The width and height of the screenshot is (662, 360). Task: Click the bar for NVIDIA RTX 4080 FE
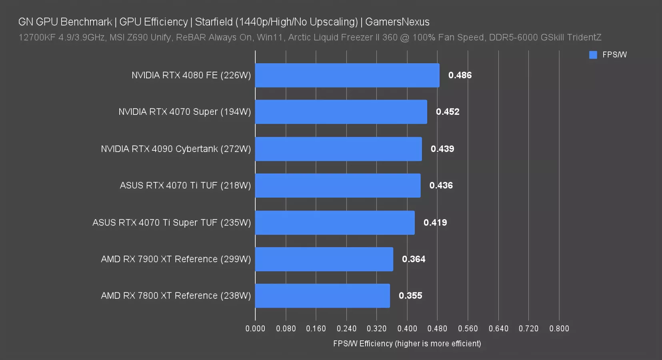[x=347, y=75]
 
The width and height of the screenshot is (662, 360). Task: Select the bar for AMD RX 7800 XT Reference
[x=322, y=296]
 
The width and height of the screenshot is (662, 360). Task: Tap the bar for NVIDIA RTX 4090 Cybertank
[x=338, y=149]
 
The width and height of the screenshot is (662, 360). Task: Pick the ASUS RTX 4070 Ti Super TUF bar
[x=335, y=222]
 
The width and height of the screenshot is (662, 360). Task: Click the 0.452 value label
[x=448, y=112]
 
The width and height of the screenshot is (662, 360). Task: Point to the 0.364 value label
[x=414, y=259]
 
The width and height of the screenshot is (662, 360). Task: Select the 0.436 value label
[x=441, y=186]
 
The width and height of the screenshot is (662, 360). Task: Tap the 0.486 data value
[x=460, y=75]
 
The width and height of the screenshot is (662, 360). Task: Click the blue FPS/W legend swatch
[x=593, y=55]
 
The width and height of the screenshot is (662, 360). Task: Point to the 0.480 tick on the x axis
[x=437, y=328]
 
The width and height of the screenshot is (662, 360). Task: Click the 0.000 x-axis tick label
[x=255, y=328]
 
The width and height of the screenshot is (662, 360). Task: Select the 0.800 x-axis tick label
[x=559, y=328]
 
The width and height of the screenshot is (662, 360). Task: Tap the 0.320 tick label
[x=376, y=328]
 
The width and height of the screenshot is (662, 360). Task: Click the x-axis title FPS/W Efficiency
[x=407, y=344]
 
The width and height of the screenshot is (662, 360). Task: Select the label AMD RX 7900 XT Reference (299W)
[x=176, y=259]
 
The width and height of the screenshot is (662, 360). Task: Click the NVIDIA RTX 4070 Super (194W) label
[x=184, y=112]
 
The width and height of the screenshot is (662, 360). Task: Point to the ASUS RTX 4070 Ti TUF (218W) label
[x=185, y=186]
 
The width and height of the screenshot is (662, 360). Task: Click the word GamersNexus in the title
[x=397, y=22]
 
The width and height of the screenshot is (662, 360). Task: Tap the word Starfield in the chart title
[x=214, y=22]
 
